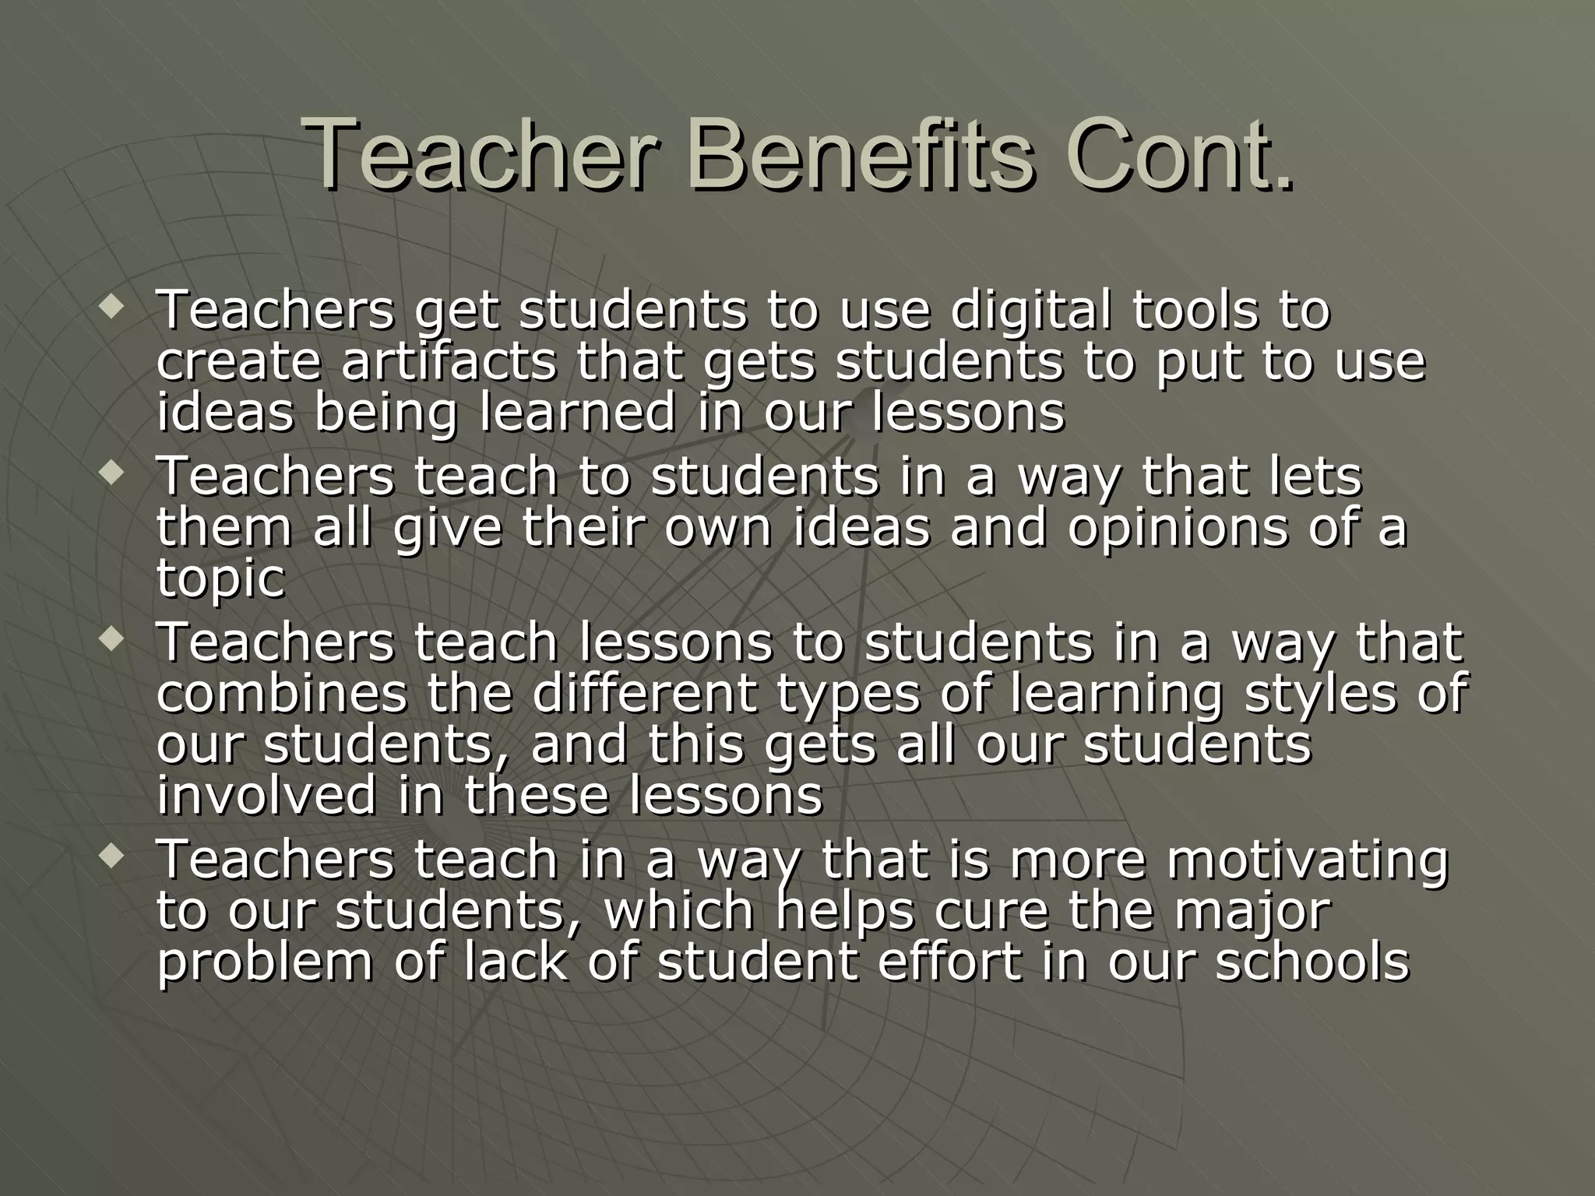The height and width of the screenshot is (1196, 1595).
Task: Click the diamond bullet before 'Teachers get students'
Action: (110, 305)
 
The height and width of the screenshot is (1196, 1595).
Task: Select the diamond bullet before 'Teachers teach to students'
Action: (110, 472)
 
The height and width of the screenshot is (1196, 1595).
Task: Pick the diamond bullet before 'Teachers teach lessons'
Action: (110, 639)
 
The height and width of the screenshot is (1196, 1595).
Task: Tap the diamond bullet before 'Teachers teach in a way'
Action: (110, 857)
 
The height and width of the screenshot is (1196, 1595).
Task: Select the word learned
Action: (578, 413)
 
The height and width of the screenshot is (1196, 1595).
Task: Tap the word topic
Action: (221, 580)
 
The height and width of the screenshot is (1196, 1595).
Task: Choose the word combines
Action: (281, 693)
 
